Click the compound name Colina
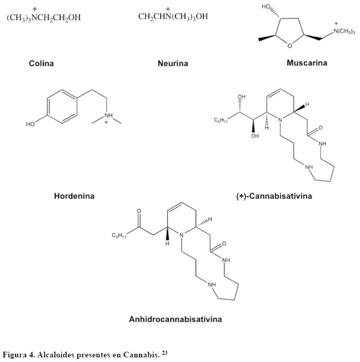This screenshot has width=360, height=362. tap(41, 64)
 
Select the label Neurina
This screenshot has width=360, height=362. tap(173, 64)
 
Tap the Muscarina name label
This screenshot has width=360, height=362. tap(307, 63)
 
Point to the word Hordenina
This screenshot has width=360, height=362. tap(74, 196)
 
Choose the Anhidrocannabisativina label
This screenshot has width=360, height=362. tap(176, 319)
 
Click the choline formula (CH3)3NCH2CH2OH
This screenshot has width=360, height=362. tap(44, 18)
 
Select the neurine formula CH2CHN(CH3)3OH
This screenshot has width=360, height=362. tap(173, 16)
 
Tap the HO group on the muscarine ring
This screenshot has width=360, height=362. tap(267, 7)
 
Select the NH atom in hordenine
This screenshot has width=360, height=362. tap(108, 115)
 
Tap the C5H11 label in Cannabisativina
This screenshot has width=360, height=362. tap(220, 121)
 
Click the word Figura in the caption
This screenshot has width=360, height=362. tap(14, 355)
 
